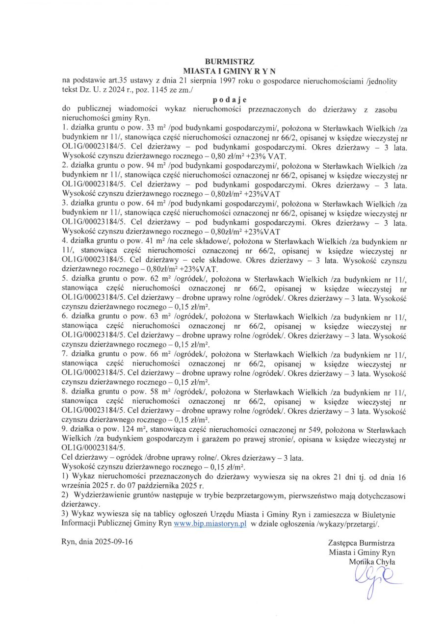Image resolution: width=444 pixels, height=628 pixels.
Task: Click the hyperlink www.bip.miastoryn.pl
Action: [210, 523]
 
